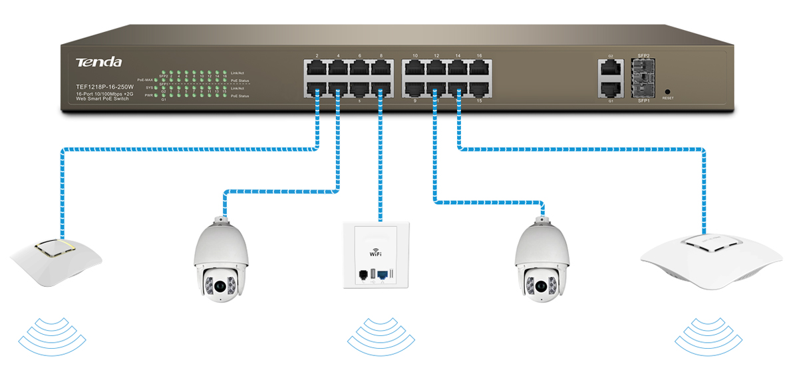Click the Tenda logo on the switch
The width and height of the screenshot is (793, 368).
pyautogui.click(x=98, y=62)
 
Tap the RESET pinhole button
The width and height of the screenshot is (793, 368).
pyautogui.click(x=667, y=91)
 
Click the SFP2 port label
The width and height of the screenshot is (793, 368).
pyautogui.click(x=643, y=57)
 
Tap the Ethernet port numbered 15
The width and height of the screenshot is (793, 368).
pyautogui.click(x=478, y=89)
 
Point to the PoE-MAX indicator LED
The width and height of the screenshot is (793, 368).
pyautogui.click(x=155, y=79)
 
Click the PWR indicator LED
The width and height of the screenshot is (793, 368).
pyautogui.click(x=155, y=95)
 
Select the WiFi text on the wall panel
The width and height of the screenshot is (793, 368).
pyautogui.click(x=376, y=254)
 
